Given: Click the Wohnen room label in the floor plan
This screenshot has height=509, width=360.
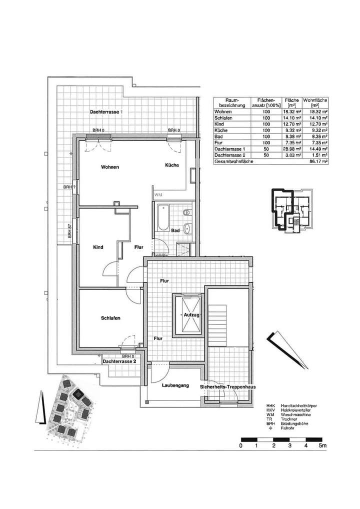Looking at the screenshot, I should [109, 167].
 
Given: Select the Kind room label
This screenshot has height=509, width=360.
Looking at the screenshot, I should [98, 247].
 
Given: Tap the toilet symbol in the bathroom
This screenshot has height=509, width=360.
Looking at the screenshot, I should [186, 212].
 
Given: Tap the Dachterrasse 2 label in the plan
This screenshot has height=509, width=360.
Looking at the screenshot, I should [119, 360].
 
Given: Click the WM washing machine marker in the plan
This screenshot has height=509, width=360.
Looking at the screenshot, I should [158, 194].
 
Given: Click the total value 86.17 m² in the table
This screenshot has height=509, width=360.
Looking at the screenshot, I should [318, 162].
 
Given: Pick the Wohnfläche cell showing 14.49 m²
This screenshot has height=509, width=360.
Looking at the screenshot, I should [318, 149].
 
